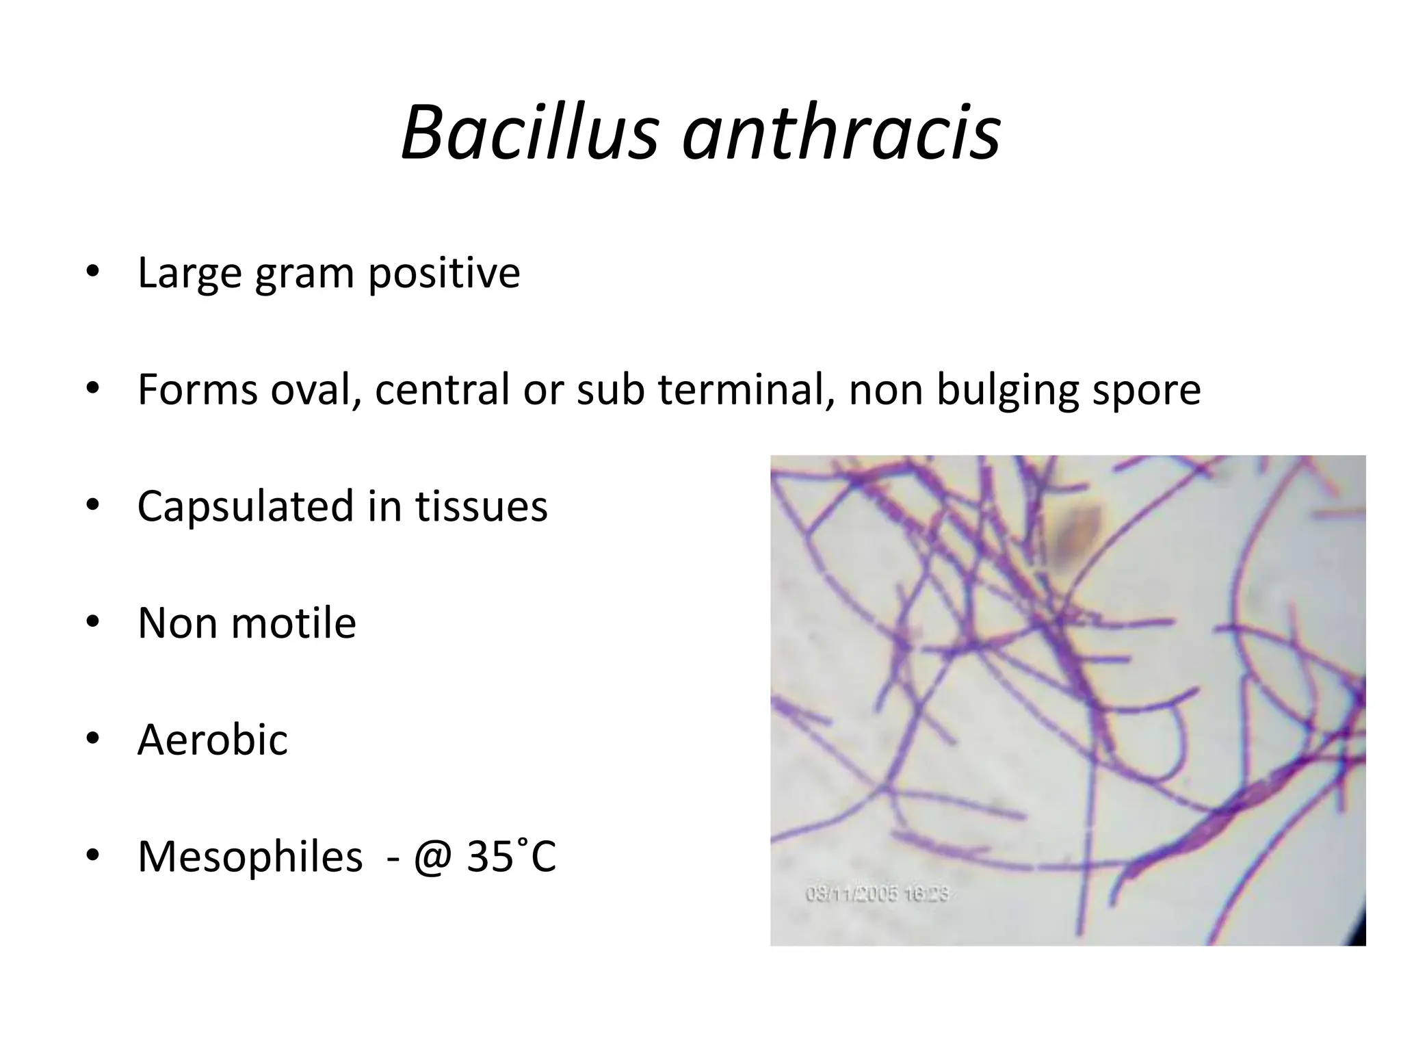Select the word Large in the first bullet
pos(189,274)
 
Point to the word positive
pos(444,274)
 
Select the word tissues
pos(482,506)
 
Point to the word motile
pos(295,623)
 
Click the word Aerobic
pos(213,740)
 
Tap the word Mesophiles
pos(250,857)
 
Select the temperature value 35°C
pos(511,855)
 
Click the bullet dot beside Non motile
pos(92,622)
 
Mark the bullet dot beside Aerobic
pos(92,739)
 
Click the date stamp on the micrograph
pos(876,894)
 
